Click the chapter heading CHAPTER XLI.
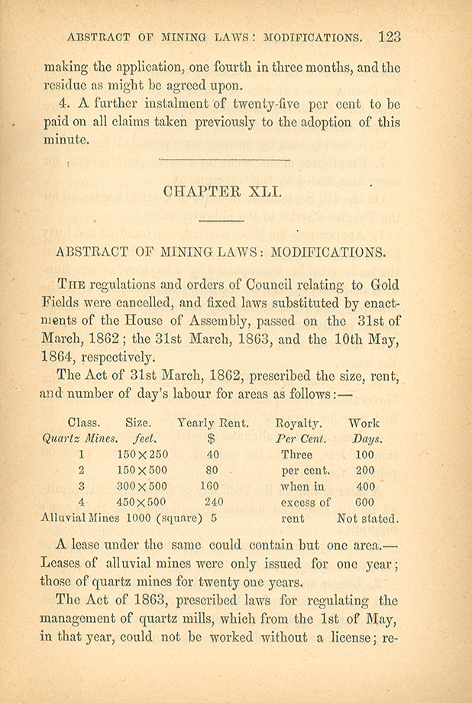223,192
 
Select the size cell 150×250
143,454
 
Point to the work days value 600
364,502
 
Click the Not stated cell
367,518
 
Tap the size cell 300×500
143,486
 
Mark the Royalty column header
298,423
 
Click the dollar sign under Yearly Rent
212,439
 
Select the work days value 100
364,454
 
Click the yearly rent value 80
213,470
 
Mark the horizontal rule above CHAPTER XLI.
223,160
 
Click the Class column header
84,423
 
